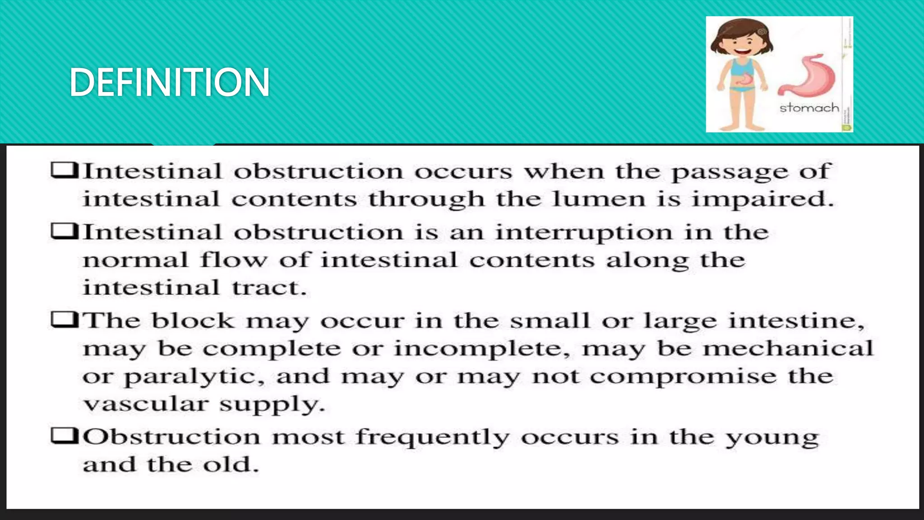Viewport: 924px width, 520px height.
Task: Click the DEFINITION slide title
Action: coord(169,82)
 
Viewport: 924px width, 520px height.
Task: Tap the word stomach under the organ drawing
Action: coord(809,108)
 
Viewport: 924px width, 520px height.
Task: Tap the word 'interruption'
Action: coord(584,232)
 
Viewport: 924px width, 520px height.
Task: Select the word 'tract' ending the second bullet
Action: coord(269,288)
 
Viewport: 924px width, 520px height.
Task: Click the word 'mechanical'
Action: coord(788,348)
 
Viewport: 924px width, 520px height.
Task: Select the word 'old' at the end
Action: coord(231,464)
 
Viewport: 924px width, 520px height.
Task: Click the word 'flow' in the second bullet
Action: coord(234,260)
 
